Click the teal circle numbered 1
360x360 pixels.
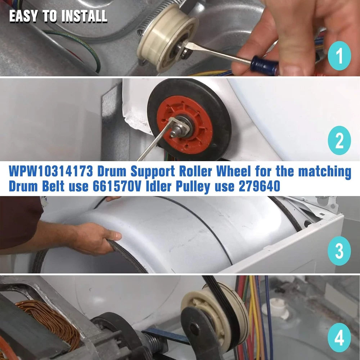click(339, 56)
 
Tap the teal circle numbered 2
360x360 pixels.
click(339, 140)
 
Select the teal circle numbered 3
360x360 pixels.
click(339, 251)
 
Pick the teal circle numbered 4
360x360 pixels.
click(339, 338)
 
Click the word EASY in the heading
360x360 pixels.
click(23, 16)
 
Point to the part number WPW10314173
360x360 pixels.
click(51, 171)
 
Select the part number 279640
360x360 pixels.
click(260, 186)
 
